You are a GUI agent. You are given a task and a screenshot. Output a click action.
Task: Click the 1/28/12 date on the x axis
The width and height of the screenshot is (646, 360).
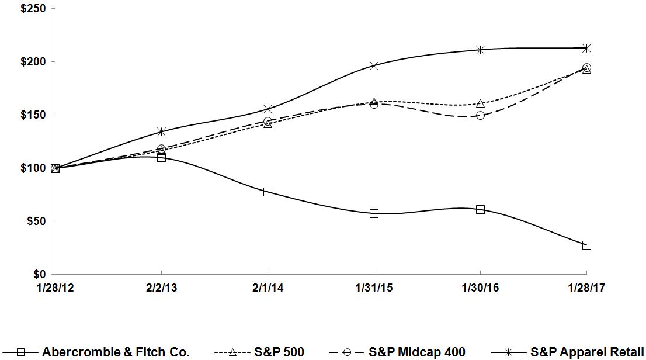[55, 288]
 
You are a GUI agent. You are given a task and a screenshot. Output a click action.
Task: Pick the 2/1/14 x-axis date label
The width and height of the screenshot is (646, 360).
[268, 288]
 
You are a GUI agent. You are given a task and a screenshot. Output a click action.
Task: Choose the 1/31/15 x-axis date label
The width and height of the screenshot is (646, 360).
[374, 288]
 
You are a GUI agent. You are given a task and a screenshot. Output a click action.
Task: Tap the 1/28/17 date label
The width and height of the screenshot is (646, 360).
[586, 288]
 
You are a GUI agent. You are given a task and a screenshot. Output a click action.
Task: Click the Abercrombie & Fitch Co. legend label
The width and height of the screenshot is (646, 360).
[116, 352]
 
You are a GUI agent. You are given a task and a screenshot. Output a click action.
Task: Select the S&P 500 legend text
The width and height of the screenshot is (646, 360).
[279, 352]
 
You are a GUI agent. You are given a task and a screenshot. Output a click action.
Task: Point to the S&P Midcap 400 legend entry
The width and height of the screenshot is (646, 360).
[417, 352]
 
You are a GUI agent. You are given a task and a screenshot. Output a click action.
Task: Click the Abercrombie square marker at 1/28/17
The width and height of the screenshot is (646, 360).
[586, 245]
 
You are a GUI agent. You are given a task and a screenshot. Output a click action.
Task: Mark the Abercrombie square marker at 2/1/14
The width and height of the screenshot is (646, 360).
[268, 192]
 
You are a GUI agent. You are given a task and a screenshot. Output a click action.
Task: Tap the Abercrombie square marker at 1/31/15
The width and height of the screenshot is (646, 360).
[374, 213]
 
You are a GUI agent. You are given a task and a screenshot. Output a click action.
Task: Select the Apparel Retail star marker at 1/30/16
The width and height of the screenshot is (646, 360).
[480, 50]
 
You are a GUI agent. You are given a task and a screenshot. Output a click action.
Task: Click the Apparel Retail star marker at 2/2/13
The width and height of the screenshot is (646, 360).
[161, 131]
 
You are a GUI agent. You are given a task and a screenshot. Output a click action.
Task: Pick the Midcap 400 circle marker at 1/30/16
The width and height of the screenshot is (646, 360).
[480, 116]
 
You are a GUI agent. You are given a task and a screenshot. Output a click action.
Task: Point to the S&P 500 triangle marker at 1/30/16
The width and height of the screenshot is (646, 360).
[480, 103]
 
